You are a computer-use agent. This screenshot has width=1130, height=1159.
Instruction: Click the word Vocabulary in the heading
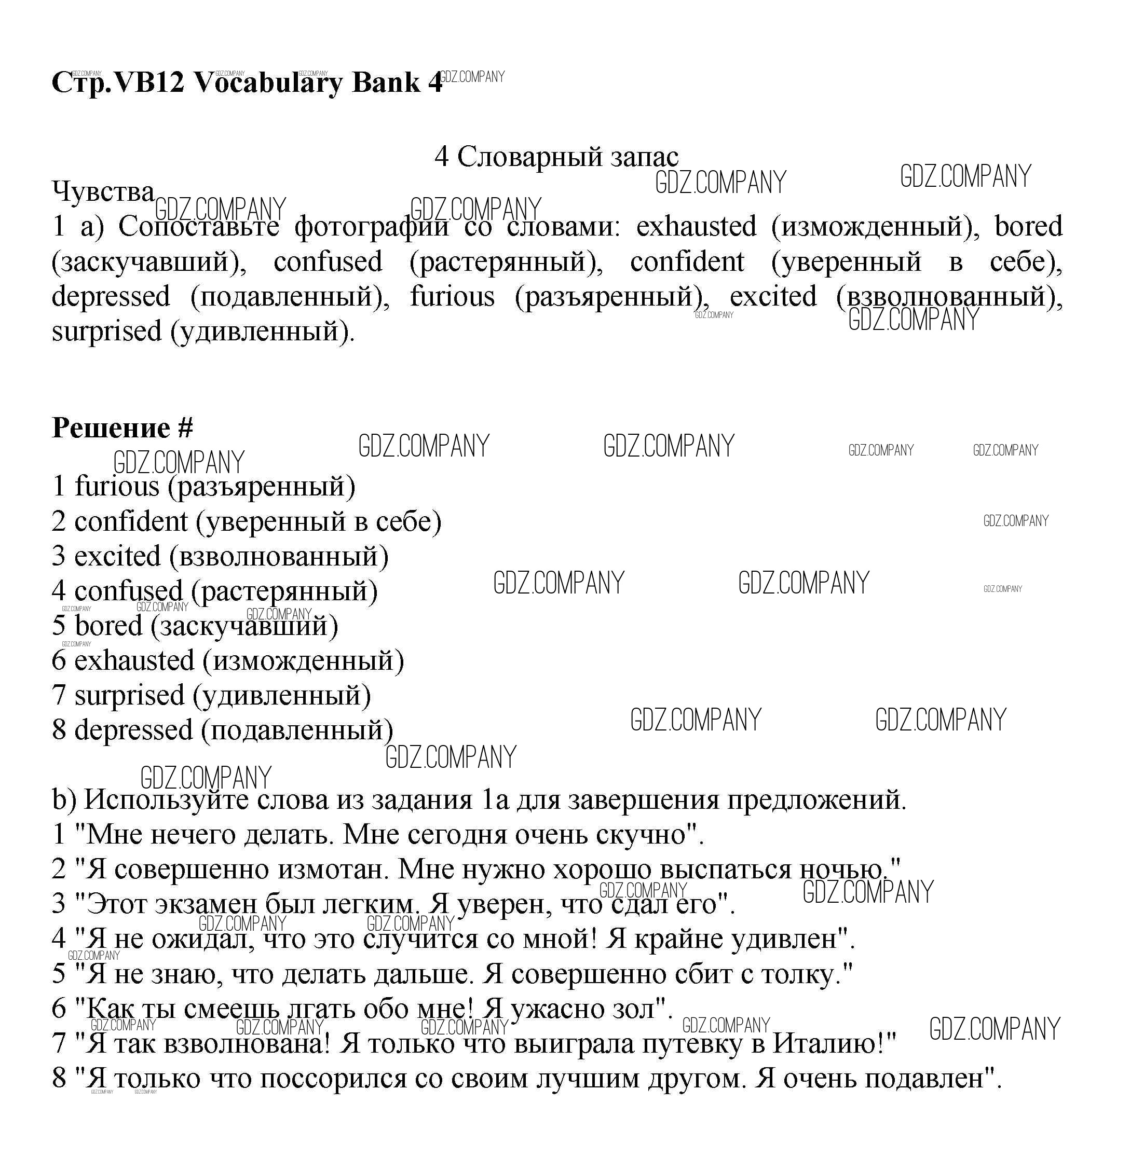pyautogui.click(x=268, y=83)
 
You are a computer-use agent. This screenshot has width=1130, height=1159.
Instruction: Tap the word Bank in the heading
pyautogui.click(x=386, y=82)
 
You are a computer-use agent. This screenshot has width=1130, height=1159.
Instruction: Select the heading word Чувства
pyautogui.click(x=103, y=192)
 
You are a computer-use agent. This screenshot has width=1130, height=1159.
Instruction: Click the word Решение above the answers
pyautogui.click(x=111, y=427)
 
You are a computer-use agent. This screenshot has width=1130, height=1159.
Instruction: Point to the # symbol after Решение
pyautogui.click(x=185, y=427)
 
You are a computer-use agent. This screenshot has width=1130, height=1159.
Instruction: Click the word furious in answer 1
pyautogui.click(x=117, y=487)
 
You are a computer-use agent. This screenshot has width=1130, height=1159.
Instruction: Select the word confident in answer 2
pyautogui.click(x=131, y=521)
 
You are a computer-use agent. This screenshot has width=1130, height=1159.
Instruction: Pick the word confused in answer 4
pyautogui.click(x=128, y=591)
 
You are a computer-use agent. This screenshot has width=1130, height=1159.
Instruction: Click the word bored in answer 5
pyautogui.click(x=108, y=626)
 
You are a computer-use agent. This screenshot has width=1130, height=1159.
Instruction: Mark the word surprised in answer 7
pyautogui.click(x=129, y=696)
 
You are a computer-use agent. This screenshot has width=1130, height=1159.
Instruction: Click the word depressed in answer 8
pyautogui.click(x=133, y=730)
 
